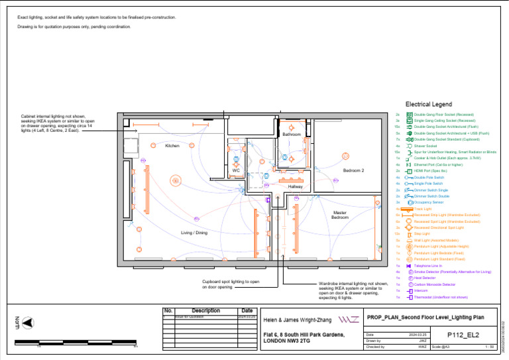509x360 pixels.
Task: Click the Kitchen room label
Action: (x=172, y=146)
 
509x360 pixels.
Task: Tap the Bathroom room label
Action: (x=292, y=135)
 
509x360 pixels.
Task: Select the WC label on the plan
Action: (x=235, y=171)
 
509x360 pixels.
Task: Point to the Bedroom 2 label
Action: (x=353, y=171)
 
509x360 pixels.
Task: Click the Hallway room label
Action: (x=295, y=188)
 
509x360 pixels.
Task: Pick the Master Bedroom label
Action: (x=340, y=215)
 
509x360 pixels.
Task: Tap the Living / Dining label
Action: (x=194, y=233)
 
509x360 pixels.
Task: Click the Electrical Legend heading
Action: (x=428, y=105)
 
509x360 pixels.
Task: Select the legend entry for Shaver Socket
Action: (x=425, y=146)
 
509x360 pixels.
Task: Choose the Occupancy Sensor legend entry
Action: (x=429, y=202)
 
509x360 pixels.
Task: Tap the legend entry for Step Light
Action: (x=422, y=234)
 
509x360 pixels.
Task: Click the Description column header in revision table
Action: (x=205, y=310)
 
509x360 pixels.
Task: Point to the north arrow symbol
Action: (x=27, y=323)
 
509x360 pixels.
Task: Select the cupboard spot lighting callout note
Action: (x=230, y=284)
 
